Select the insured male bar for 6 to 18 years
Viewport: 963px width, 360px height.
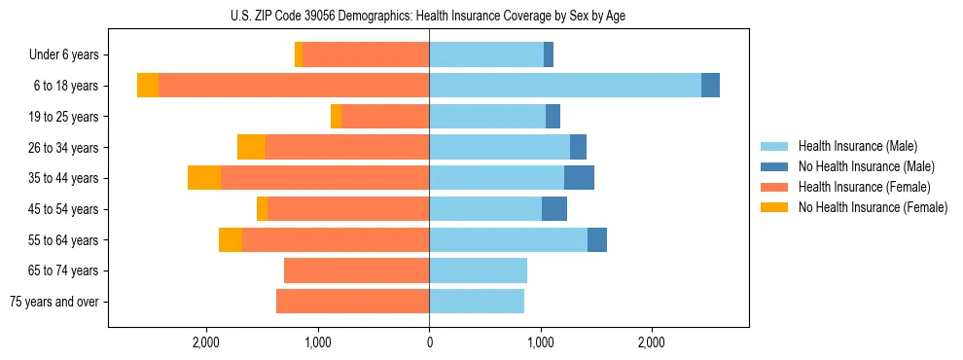(x=564, y=86)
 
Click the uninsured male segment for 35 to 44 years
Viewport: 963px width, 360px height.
(x=579, y=178)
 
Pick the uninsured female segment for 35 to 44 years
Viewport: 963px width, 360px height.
(x=204, y=178)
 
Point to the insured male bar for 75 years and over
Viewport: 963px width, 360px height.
(x=477, y=302)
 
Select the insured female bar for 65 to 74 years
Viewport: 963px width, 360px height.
(x=356, y=270)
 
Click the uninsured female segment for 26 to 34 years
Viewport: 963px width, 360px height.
(x=251, y=147)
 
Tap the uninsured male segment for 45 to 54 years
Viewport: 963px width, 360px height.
(x=554, y=209)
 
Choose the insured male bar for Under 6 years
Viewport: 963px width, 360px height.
(x=486, y=54)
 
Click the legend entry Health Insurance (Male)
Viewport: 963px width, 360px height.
(x=857, y=146)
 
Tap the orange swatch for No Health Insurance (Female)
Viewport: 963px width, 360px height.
(x=774, y=207)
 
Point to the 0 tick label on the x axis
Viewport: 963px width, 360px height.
(x=429, y=342)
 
